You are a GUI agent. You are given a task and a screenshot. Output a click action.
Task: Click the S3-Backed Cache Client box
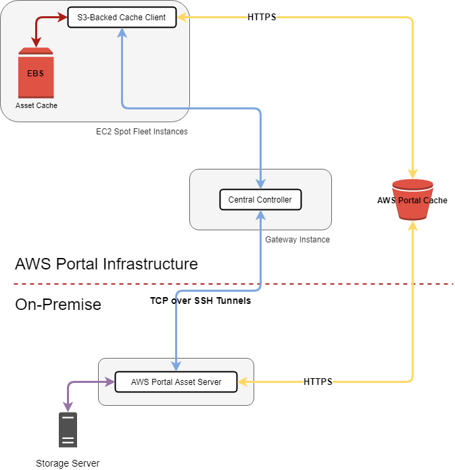pyautogui.click(x=122, y=17)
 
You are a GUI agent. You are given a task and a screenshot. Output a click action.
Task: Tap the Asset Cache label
pyautogui.click(x=37, y=105)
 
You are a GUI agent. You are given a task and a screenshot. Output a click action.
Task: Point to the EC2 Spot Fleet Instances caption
pyautogui.click(x=142, y=132)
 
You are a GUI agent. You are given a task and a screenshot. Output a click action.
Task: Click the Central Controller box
pyautogui.click(x=260, y=200)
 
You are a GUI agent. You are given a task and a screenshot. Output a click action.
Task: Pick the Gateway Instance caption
pyautogui.click(x=297, y=240)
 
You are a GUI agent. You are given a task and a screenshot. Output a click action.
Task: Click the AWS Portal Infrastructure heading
pyautogui.click(x=106, y=264)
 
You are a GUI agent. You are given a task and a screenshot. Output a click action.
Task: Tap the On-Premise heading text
pyautogui.click(x=58, y=305)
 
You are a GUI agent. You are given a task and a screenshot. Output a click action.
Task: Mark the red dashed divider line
pyautogui.click(x=338, y=284)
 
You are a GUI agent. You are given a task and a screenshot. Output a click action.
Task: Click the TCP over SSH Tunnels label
pyautogui.click(x=200, y=301)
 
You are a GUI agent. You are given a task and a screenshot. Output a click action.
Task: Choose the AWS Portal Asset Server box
pyautogui.click(x=176, y=382)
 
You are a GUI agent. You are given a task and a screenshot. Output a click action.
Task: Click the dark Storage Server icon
pyautogui.click(x=68, y=429)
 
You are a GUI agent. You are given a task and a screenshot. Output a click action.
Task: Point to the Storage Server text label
pyautogui.click(x=68, y=463)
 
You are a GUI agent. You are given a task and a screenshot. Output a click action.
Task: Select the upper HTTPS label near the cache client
pyautogui.click(x=262, y=17)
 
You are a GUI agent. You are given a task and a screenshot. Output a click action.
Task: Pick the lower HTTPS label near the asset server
pyautogui.click(x=318, y=382)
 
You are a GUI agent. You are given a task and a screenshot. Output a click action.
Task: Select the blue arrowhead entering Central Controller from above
pyautogui.click(x=260, y=184)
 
